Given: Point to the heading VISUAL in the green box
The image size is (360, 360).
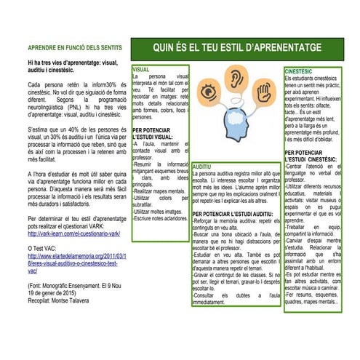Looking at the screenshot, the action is tap(141, 70).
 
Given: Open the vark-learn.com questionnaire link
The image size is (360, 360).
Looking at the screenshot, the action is tap(75, 234).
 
